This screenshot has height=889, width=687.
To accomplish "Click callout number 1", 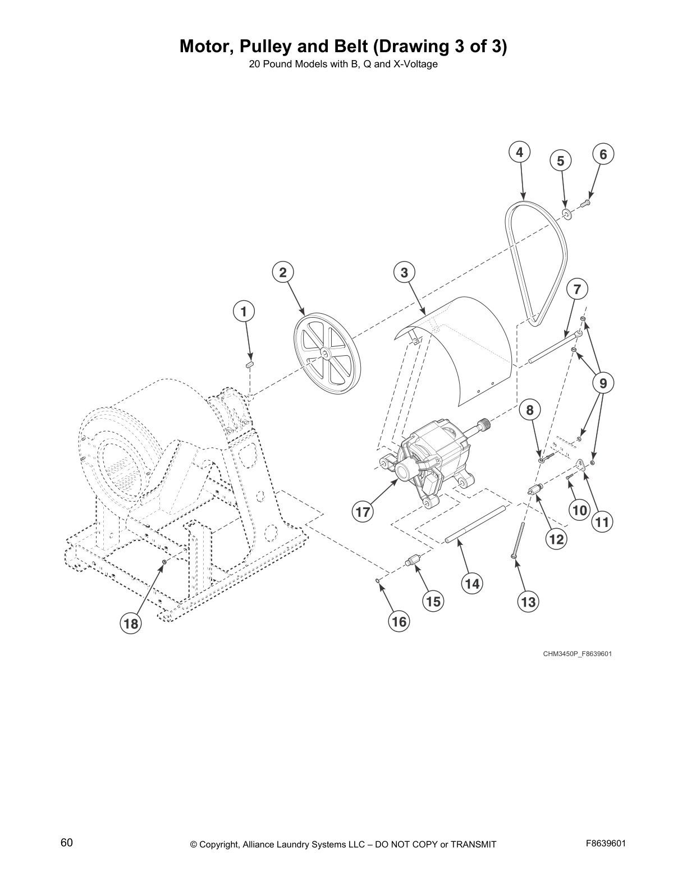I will point(244,311).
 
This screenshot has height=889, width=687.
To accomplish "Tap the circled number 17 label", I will point(363,512).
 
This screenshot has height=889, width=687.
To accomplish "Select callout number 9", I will point(603,383).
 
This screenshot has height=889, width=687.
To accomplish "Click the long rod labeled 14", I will point(475,525).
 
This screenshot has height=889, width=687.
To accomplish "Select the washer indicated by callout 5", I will point(566,213).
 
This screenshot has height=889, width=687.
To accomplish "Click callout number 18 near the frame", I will point(131,624).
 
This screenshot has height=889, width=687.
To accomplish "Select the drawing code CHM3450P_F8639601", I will point(577,654).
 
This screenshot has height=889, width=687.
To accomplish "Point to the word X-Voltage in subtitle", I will point(414,64).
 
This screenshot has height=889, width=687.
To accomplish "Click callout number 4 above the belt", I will point(520,152).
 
